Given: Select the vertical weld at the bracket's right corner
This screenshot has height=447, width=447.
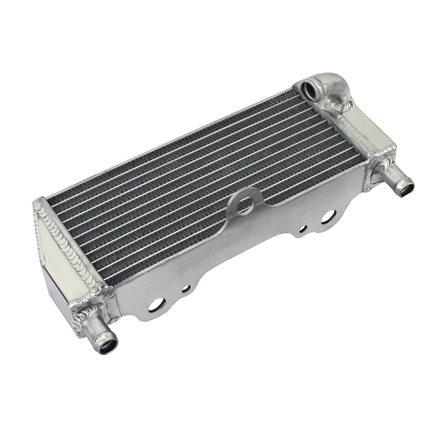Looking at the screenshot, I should click(x=368, y=179).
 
